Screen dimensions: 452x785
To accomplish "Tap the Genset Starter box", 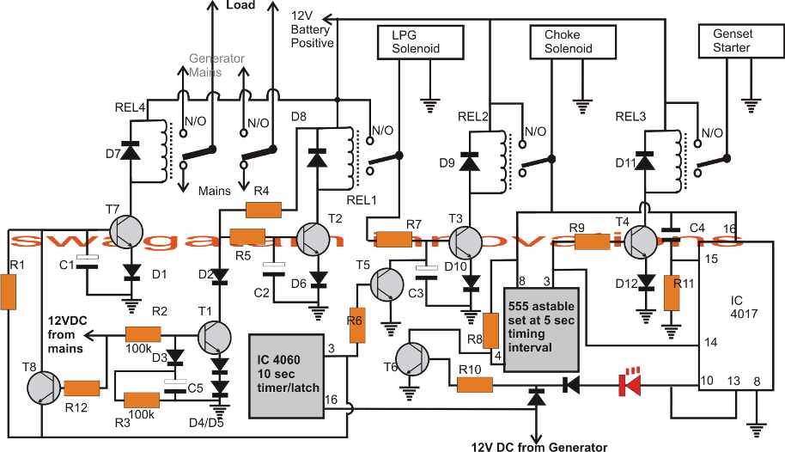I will click(x=731, y=42).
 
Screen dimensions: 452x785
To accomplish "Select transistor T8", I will click(x=41, y=388).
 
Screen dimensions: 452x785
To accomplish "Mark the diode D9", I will click(x=471, y=161).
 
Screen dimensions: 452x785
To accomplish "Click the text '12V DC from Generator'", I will click(x=539, y=446).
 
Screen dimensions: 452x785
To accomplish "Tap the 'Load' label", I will click(x=240, y=5).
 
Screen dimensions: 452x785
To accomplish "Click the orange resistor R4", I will click(x=264, y=209).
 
